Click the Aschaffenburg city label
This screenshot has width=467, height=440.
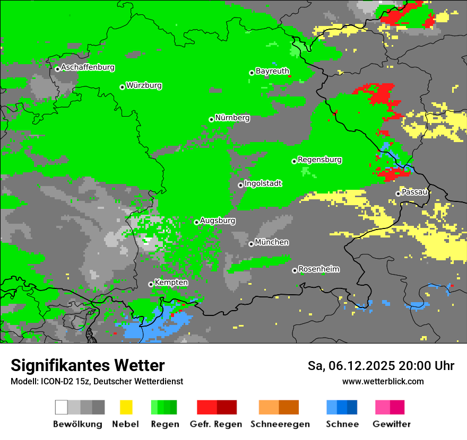pyautogui.click(x=88, y=68)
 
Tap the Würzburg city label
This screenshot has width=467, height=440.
pyautogui.click(x=144, y=86)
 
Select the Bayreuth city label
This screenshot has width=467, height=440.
pyautogui.click(x=272, y=71)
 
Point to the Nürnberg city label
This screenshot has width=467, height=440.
pyautogui.click(x=232, y=118)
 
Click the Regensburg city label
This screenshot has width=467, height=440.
pyautogui.click(x=319, y=160)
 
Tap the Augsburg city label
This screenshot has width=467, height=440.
pyautogui.click(x=218, y=221)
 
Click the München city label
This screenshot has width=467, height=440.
pyautogui.click(x=272, y=243)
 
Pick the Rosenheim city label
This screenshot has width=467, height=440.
pyautogui.click(x=318, y=269)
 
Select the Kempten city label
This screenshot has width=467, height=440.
pyautogui.click(x=171, y=283)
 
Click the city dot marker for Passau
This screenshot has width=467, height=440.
pyautogui.click(x=398, y=193)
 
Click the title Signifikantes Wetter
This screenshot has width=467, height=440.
pyautogui.click(x=88, y=365)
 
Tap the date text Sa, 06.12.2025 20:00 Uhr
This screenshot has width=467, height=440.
pyautogui.click(x=380, y=366)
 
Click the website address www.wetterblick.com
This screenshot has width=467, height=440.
pyautogui.click(x=383, y=381)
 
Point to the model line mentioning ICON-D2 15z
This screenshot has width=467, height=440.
pyautogui.click(x=97, y=381)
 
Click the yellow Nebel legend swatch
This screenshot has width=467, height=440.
pyautogui.click(x=126, y=407)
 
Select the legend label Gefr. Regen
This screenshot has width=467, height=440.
pyautogui.click(x=216, y=424)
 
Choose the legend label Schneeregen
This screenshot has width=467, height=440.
pyautogui.click(x=280, y=424)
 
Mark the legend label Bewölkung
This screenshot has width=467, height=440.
pyautogui.click(x=77, y=424)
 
